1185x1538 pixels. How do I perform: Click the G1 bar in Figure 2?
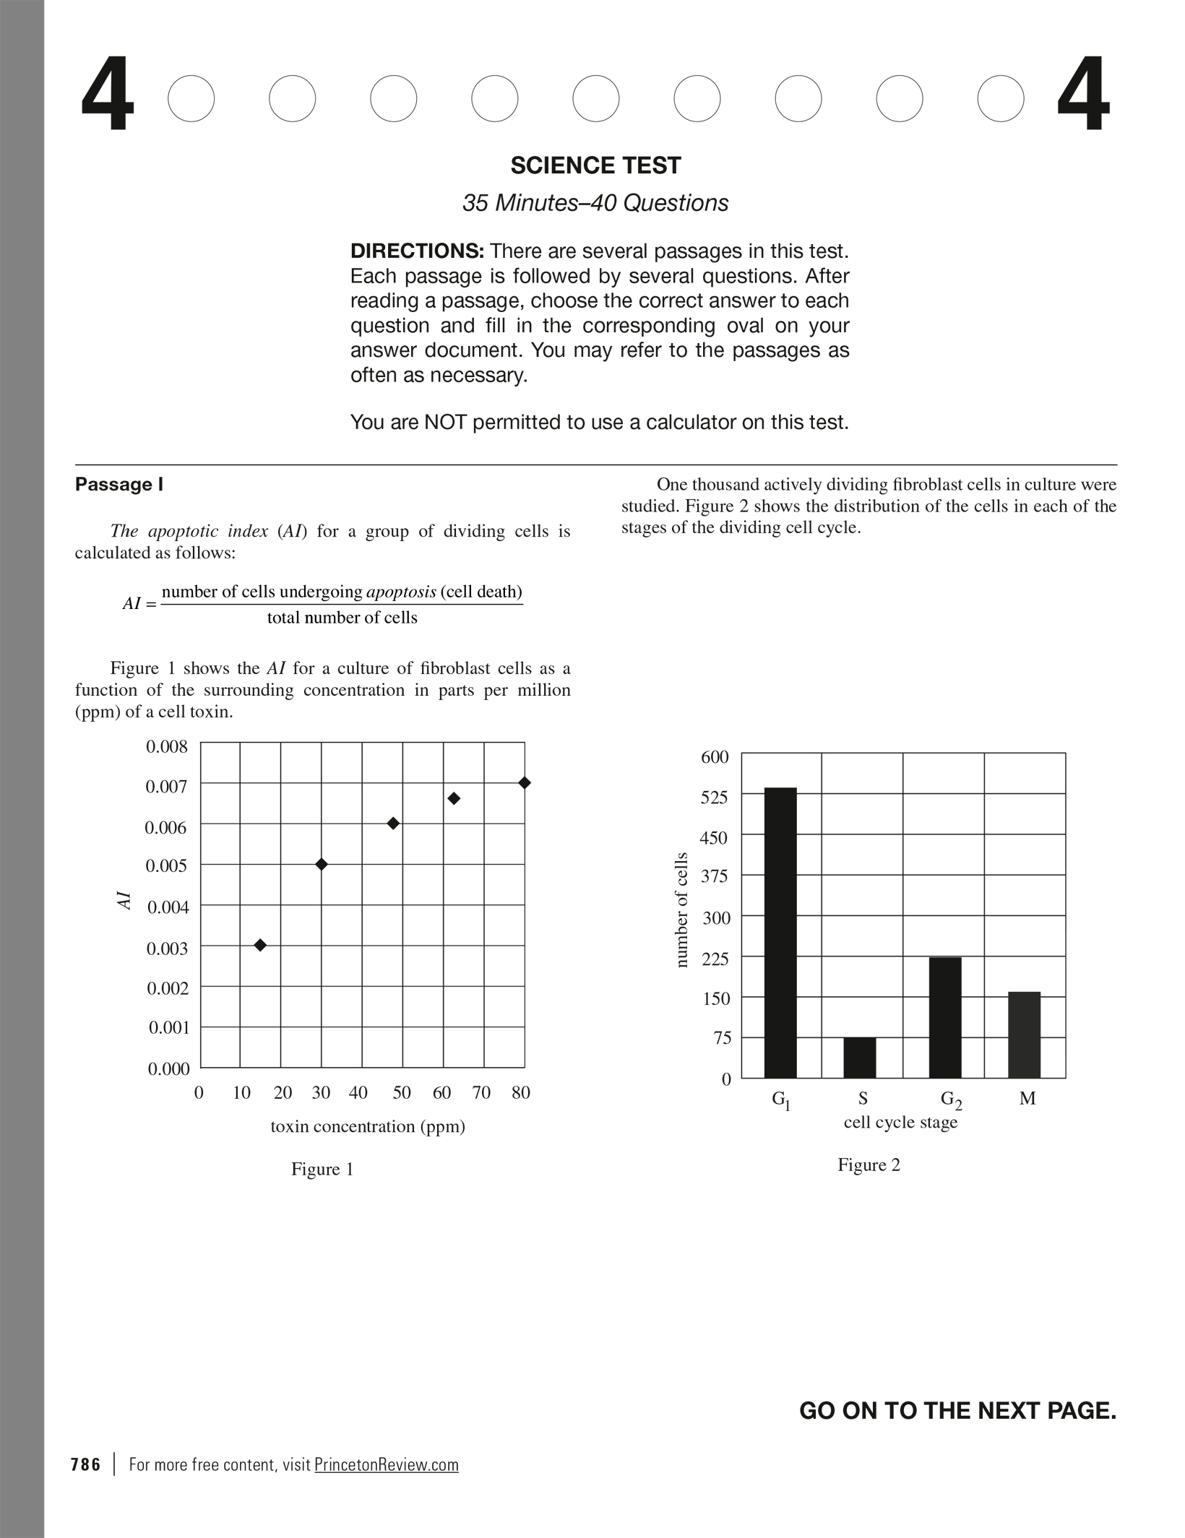point(780,932)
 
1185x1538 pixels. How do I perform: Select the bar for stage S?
point(859,1058)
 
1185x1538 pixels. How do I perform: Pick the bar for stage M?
point(1024,1034)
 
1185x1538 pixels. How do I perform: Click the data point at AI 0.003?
point(261,945)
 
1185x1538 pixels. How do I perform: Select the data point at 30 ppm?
point(322,864)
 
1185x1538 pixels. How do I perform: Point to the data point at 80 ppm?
point(525,783)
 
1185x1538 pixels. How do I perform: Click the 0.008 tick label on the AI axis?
point(167,746)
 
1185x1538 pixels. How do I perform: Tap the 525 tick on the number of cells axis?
point(715,797)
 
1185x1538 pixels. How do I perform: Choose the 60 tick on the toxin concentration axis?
point(441,1093)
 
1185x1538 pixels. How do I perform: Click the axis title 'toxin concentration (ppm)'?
point(368,1126)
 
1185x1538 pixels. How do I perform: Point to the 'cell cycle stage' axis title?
point(900,1122)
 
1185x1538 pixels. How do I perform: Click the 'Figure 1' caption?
point(322,1169)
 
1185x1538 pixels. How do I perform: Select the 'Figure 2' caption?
point(869,1165)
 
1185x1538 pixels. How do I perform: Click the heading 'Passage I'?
point(119,484)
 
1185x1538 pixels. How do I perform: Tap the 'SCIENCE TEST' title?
point(595,165)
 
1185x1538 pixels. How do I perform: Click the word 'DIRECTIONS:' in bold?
point(417,251)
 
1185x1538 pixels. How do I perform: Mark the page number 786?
point(86,1464)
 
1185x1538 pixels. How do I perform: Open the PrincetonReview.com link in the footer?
point(387,1464)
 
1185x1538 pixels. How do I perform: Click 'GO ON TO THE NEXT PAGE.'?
point(957,1410)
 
